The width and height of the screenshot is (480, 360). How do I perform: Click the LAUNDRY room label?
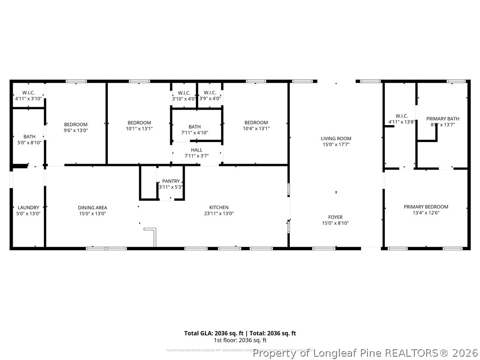pos(29,207)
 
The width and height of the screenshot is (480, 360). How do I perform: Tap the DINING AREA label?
pos(92,207)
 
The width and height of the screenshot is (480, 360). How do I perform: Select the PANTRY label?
pos(171,181)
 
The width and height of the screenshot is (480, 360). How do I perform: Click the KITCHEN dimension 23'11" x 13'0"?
pos(219,213)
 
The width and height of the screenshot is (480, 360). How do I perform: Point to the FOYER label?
pos(335,217)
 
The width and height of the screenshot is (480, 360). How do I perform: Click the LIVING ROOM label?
pos(336,138)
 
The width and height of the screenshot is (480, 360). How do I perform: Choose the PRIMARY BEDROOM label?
pos(426,207)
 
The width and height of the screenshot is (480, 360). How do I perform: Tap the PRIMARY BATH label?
pos(442,119)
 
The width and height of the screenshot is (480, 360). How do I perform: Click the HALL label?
pos(197,150)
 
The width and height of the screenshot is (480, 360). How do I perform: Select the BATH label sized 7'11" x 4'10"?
pos(195,133)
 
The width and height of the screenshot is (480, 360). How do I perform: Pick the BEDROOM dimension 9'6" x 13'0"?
pos(76,130)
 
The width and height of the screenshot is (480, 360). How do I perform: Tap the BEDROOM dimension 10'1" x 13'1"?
pos(139,128)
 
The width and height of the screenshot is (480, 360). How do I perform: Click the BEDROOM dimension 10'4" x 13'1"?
pos(256,128)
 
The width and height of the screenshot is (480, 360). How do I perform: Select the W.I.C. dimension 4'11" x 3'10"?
pos(29,99)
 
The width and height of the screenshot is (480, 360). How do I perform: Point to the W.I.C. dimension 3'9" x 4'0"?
pos(210,99)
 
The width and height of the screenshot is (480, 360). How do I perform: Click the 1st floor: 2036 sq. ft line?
pos(240,340)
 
